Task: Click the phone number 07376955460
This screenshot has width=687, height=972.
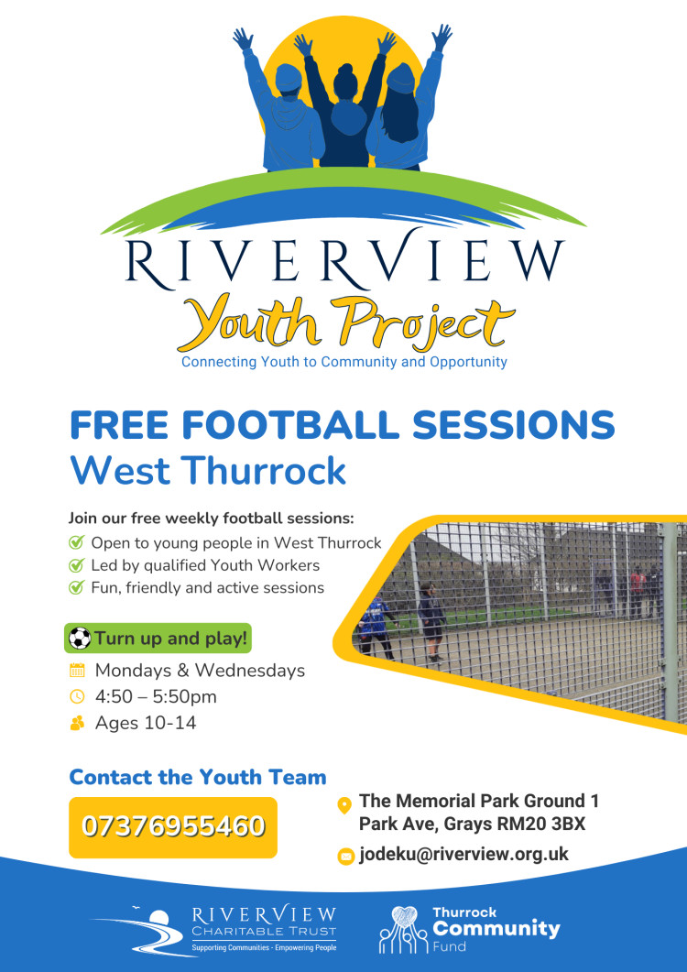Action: (173, 826)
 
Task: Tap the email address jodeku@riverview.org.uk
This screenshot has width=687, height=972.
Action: (463, 854)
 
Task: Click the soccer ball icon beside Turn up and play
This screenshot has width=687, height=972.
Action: (81, 638)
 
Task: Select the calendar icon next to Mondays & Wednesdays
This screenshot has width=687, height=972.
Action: (77, 670)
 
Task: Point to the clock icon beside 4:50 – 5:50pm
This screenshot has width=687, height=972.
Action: (77, 696)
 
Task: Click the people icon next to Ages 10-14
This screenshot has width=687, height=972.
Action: (77, 723)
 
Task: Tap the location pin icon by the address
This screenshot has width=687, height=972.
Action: (344, 805)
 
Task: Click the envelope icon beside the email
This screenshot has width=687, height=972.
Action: (345, 856)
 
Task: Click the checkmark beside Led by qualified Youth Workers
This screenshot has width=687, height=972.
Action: (76, 565)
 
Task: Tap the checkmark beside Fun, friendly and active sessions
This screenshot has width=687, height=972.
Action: (76, 587)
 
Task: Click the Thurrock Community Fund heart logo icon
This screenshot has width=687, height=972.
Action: (400, 928)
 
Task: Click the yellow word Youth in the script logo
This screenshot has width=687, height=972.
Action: (245, 322)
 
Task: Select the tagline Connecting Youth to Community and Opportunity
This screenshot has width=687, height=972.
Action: (343, 362)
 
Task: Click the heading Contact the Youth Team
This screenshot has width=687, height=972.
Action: (198, 778)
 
